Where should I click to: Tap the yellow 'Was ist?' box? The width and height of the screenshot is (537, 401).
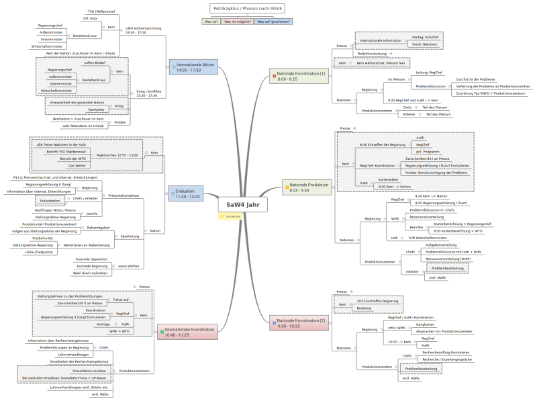pyautogui.click(x=211, y=21)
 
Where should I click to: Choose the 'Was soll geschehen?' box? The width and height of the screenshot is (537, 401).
pyautogui.click(x=273, y=21)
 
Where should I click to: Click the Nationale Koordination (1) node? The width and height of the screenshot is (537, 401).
pyautogui.click(x=301, y=75)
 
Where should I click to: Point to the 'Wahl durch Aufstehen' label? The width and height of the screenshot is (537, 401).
pyautogui.click(x=90, y=273)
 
